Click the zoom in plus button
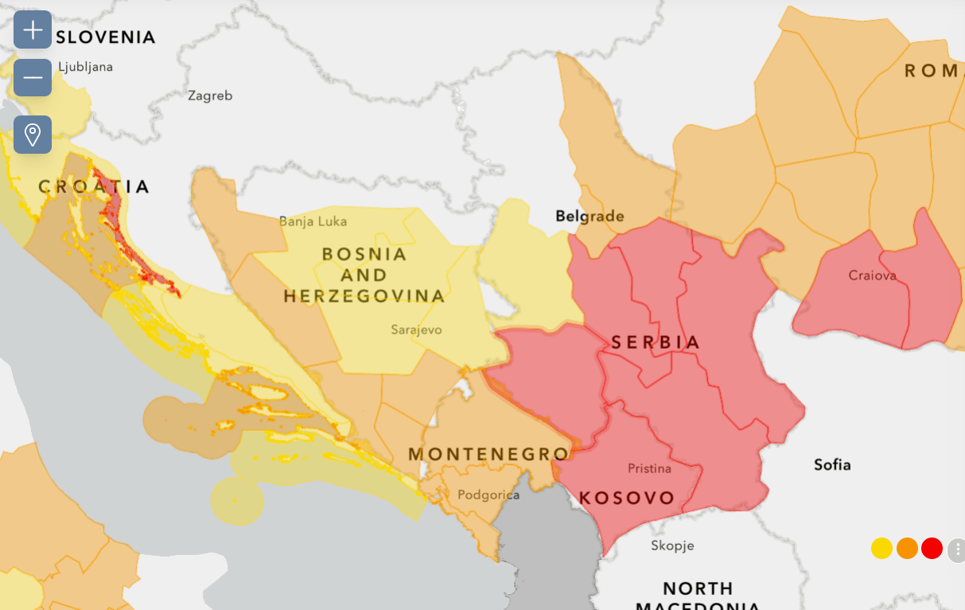pos(33,30)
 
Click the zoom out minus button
pos(33,77)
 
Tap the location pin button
pos(33,135)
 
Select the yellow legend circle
pos(881,549)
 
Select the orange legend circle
pos(907,549)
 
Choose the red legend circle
pos(932,549)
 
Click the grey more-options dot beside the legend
pos(957,549)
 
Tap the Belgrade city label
pos(590,216)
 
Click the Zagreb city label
pos(210,96)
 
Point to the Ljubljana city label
pos(85,67)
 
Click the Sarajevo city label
pos(416,330)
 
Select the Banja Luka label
pos(313,221)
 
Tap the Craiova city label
pos(872,276)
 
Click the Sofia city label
pos(832,464)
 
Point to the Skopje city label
pos(672,545)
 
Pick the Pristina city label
pos(649,468)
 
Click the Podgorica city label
pos(488,495)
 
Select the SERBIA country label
pos(656,342)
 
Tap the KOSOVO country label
pos(627,499)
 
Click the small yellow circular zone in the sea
pos(236,500)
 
